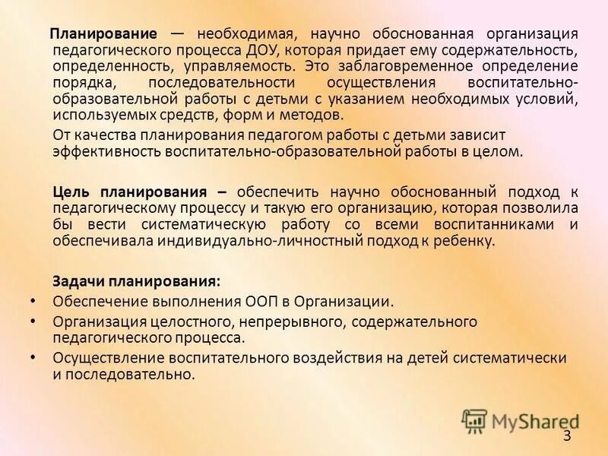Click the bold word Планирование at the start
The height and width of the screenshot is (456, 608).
click(x=104, y=35)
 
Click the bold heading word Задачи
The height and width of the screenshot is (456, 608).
click(x=79, y=282)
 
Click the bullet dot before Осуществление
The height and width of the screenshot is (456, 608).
click(x=31, y=356)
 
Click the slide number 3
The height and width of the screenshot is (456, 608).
click(x=567, y=436)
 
